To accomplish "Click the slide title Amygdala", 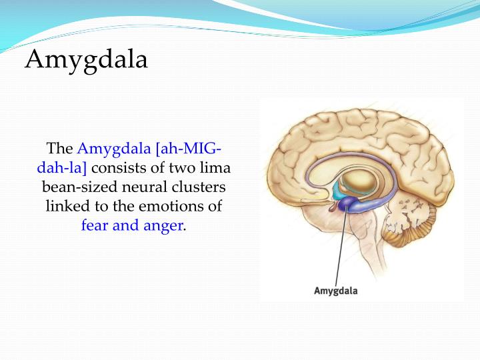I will [x=86, y=59].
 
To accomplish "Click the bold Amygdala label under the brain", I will [x=335, y=291].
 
